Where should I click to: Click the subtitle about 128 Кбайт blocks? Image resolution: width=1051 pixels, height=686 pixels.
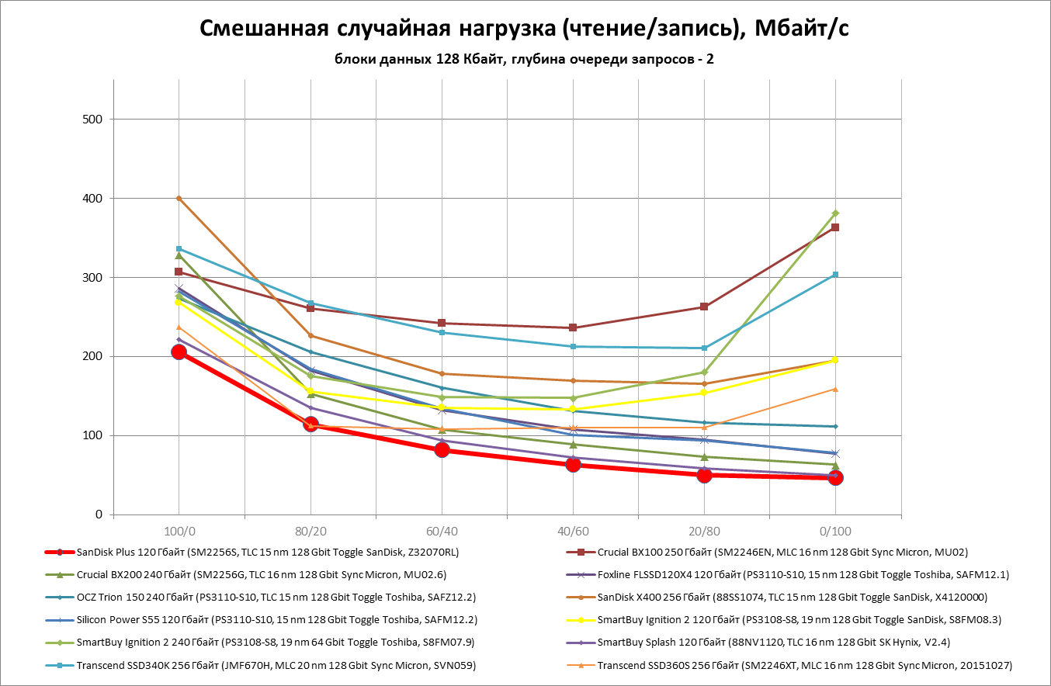click(x=525, y=59)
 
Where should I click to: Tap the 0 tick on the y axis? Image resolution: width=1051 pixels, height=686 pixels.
click(x=99, y=514)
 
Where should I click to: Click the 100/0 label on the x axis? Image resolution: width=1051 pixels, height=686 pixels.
click(x=179, y=532)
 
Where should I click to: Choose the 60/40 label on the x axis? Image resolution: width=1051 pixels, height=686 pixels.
click(x=442, y=532)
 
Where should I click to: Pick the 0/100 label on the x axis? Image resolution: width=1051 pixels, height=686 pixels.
click(x=835, y=532)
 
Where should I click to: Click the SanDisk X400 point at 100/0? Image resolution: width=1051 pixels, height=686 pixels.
click(x=179, y=198)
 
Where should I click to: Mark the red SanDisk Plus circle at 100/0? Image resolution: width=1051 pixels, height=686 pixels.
click(x=179, y=352)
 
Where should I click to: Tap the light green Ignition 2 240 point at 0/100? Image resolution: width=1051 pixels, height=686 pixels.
click(x=835, y=213)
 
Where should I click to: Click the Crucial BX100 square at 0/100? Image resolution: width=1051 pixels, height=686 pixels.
click(x=835, y=227)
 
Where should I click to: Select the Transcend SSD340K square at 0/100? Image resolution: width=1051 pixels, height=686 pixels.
click(x=835, y=275)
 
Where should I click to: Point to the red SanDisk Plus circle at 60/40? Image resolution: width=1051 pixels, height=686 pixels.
click(x=442, y=450)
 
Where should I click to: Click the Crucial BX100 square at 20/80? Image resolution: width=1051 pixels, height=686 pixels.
click(x=704, y=307)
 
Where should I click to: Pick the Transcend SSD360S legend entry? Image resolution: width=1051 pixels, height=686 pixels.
click(x=804, y=665)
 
